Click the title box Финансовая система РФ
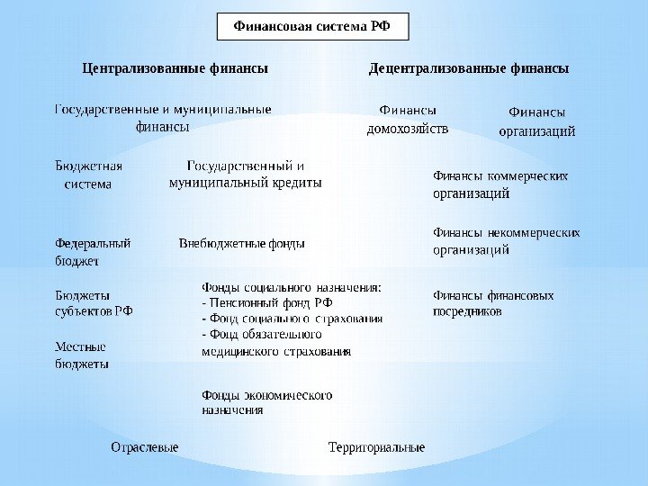(313, 27)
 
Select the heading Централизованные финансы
(175, 68)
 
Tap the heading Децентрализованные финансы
(469, 68)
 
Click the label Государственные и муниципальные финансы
(163, 119)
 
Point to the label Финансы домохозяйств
(407, 120)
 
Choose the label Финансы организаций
(537, 121)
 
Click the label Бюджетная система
(89, 175)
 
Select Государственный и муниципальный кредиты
(245, 175)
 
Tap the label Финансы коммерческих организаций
(501, 184)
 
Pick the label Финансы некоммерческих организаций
(507, 241)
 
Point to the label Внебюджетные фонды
(242, 243)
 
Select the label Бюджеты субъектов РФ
(94, 302)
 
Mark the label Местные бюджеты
(82, 355)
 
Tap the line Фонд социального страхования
(293, 319)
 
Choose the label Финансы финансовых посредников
(494, 303)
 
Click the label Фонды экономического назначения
(267, 402)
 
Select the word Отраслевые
(145, 447)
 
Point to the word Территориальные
(376, 447)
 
